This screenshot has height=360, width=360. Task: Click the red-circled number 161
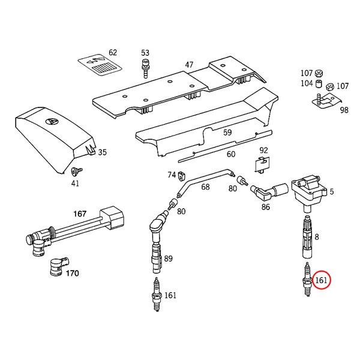click(322, 280)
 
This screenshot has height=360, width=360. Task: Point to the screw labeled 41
click(77, 172)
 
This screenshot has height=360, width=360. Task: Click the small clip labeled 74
click(181, 176)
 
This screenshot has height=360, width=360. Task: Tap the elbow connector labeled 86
click(265, 193)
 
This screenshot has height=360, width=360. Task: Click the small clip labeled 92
click(262, 163)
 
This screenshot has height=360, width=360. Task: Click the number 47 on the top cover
click(189, 65)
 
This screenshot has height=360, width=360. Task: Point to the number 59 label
click(227, 133)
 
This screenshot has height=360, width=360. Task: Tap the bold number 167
click(80, 213)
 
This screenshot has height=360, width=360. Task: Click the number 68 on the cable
click(205, 187)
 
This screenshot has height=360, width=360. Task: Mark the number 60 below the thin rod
click(231, 154)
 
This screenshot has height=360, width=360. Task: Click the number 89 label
click(169, 259)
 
